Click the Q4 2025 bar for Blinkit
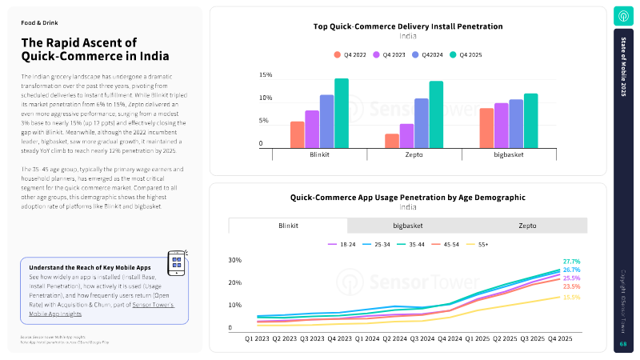click(342, 113)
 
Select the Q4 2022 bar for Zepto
click(392, 141)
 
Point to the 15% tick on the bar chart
click(266, 75)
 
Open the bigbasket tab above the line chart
click(408, 226)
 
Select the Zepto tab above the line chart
click(527, 226)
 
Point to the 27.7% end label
click(571, 262)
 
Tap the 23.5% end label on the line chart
click(571, 286)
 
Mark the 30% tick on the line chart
click(234, 260)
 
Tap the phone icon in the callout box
click(177, 262)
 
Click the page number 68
click(623, 344)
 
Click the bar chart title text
click(408, 26)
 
